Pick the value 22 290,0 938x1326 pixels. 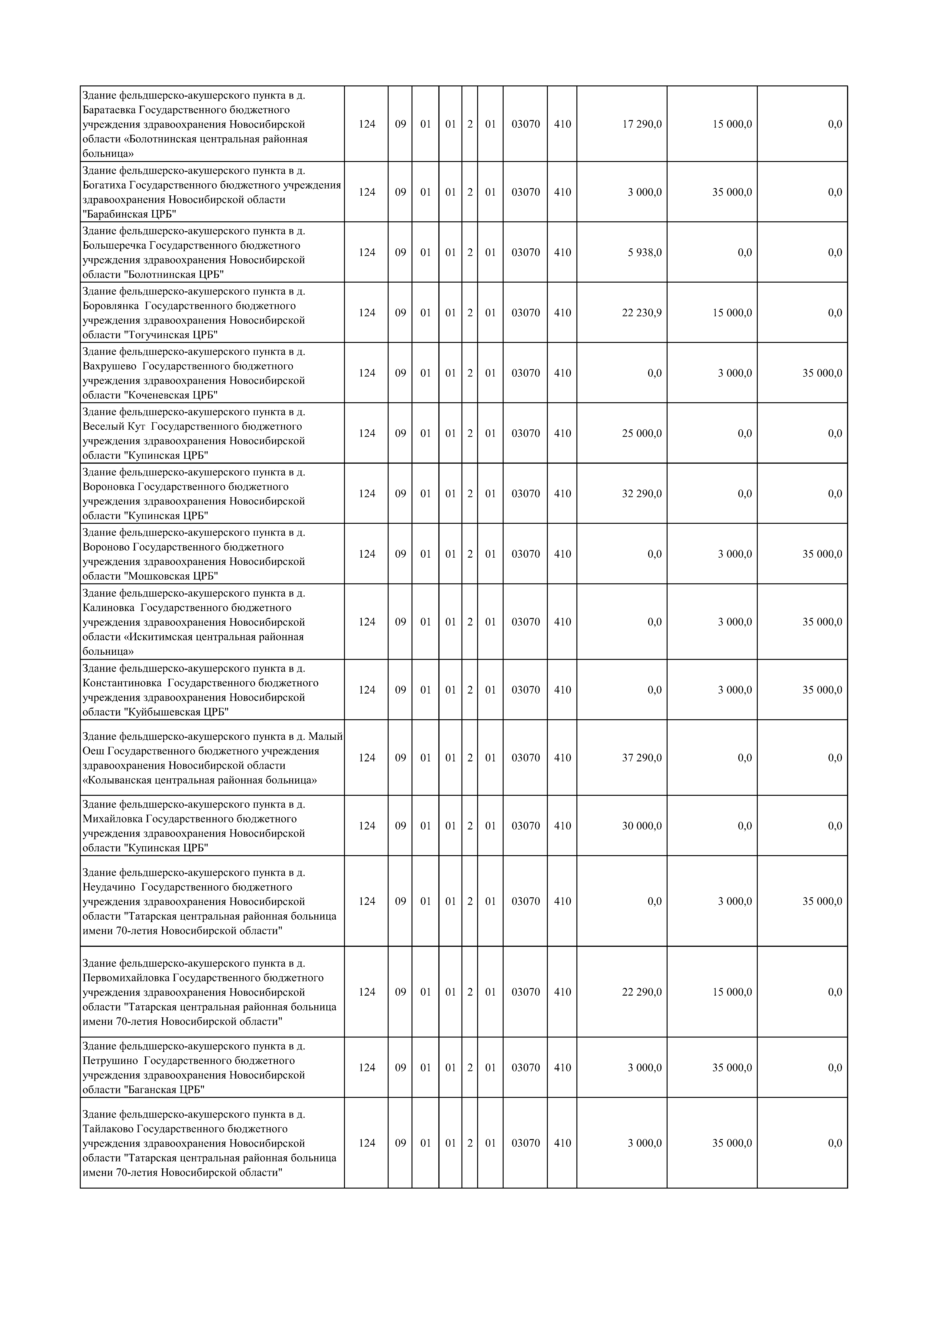click(x=641, y=992)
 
